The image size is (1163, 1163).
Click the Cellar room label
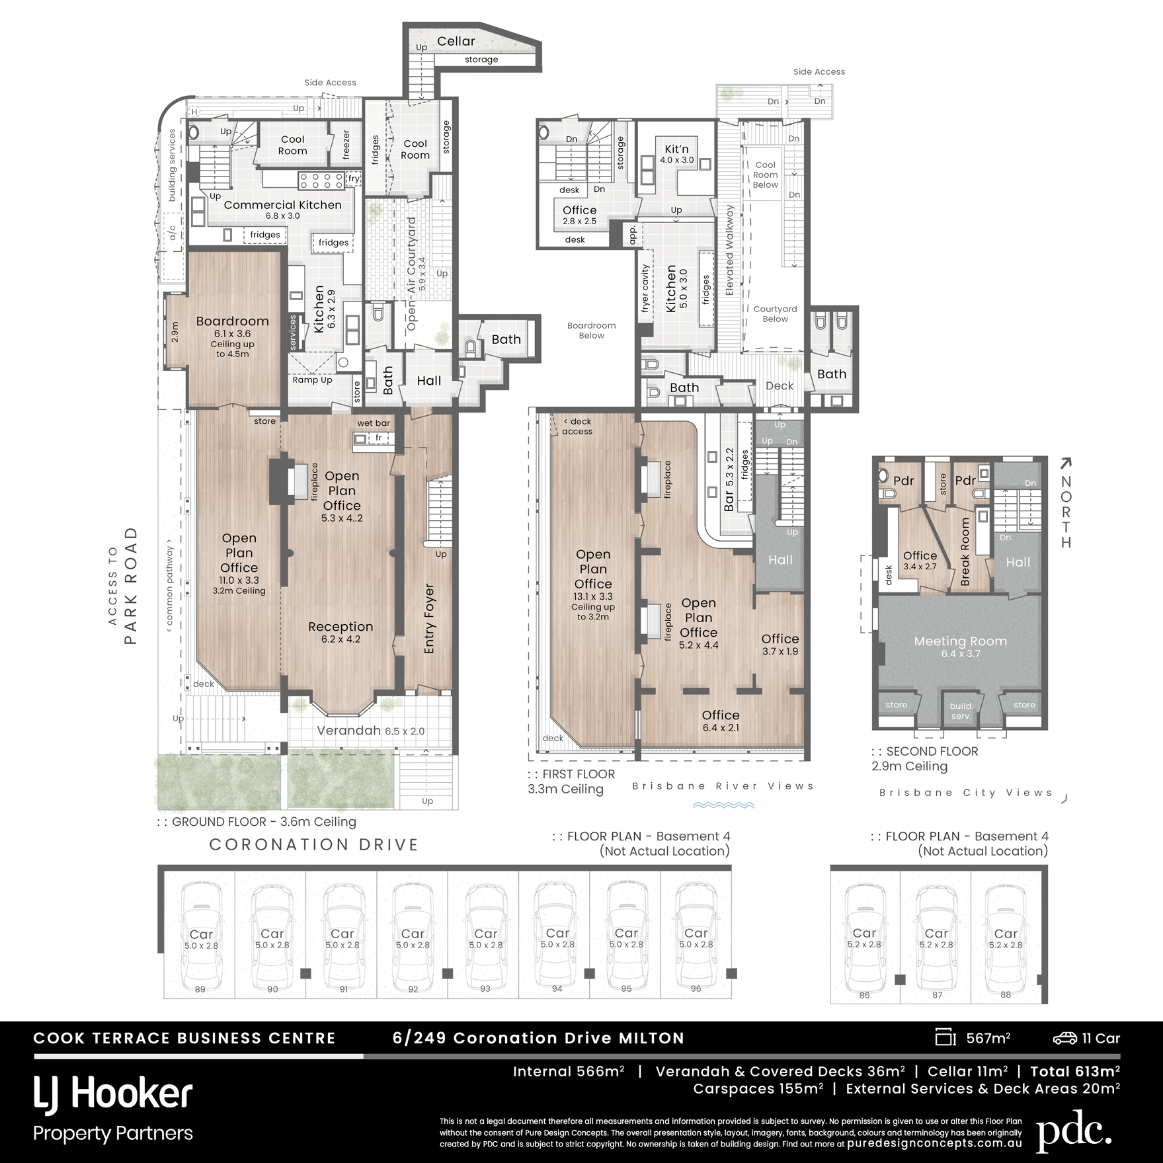pyautogui.click(x=456, y=41)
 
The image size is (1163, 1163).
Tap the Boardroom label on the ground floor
pyautogui.click(x=233, y=321)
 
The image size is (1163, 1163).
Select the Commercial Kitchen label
pyautogui.click(x=282, y=205)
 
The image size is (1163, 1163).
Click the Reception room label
pyautogui.click(x=341, y=626)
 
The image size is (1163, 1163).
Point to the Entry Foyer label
pyautogui.click(x=430, y=619)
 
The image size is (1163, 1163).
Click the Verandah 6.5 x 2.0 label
pyautogui.click(x=370, y=731)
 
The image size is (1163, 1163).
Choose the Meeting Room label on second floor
pyautogui.click(x=961, y=641)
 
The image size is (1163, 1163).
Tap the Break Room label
pyautogui.click(x=965, y=551)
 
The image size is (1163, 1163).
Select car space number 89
pyautogui.click(x=200, y=989)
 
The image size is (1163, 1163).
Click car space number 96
pyautogui.click(x=696, y=988)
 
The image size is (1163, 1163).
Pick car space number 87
pyautogui.click(x=937, y=994)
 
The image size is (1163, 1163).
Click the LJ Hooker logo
pyautogui.click(x=113, y=1094)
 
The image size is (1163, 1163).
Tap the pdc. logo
pyautogui.click(x=1074, y=1131)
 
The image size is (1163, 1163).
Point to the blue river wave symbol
pyautogui.click(x=723, y=805)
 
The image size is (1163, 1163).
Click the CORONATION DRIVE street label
pyautogui.click(x=314, y=844)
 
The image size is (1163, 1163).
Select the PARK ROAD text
pyautogui.click(x=130, y=586)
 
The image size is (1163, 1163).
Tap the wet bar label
pyautogui.click(x=374, y=423)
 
